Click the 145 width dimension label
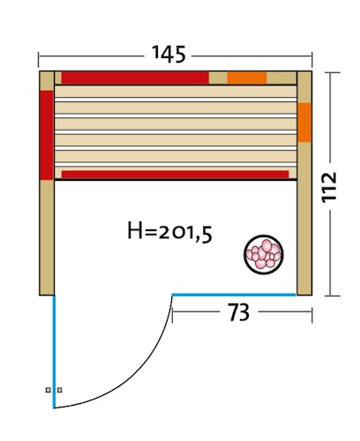point(169,55)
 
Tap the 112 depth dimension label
point(331,186)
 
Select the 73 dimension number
point(239,312)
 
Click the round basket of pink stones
point(263,254)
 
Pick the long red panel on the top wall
point(132,78)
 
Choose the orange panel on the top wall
point(246,78)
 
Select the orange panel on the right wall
point(304,123)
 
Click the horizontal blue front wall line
point(234,294)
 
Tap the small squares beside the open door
point(54,389)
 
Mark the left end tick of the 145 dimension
point(39,60)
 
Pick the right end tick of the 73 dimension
point(312,311)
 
